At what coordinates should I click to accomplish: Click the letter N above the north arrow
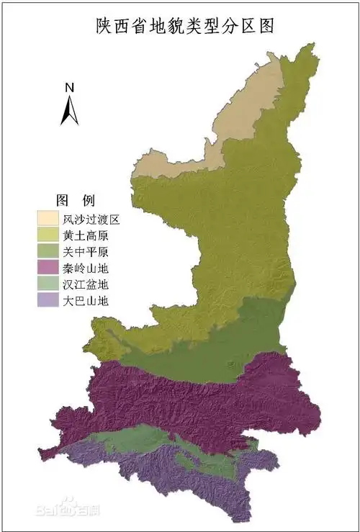pos(70,88)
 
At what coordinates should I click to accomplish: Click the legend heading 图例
pos(76,199)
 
